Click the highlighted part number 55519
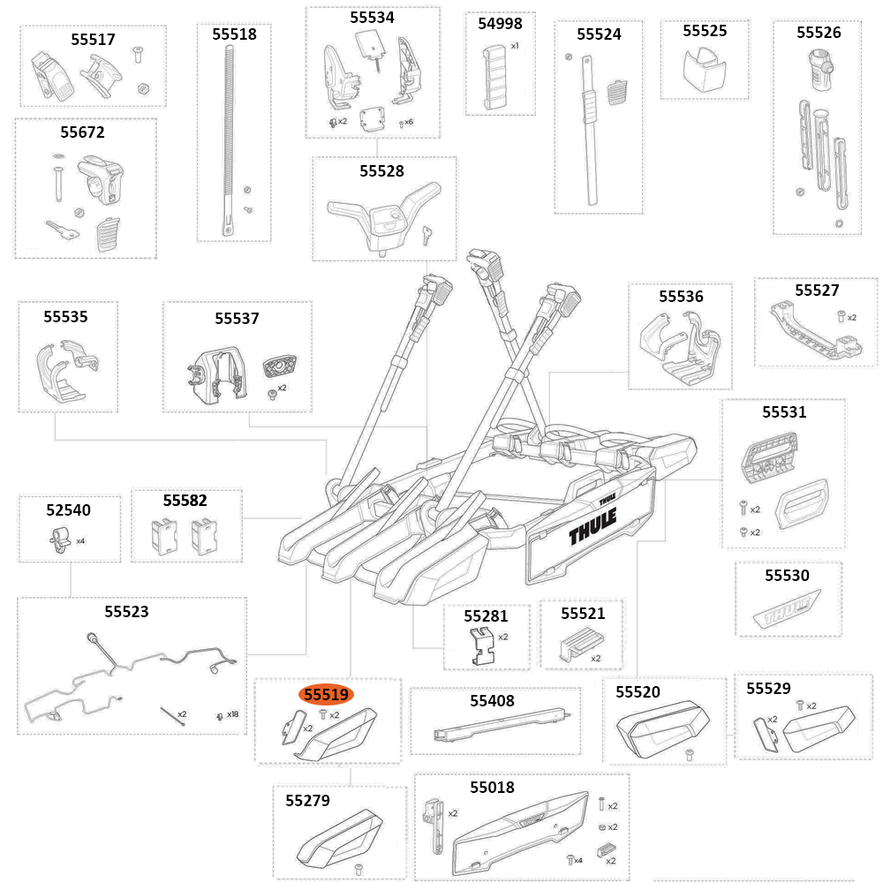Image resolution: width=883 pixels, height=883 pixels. point(326,695)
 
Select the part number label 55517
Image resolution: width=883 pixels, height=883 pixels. point(93,40)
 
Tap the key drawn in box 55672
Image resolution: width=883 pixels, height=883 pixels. point(62,231)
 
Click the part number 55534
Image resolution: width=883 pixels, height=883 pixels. point(372,17)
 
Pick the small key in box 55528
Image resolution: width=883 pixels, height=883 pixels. point(428,233)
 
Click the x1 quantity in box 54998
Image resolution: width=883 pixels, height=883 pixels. point(515,45)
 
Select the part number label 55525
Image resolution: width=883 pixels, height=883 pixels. point(705,31)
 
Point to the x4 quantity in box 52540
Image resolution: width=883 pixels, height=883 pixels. point(80,540)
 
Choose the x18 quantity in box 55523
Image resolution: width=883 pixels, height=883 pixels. point(232,714)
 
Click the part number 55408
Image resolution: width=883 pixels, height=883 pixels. point(492,701)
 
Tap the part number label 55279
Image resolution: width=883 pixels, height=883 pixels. point(307,801)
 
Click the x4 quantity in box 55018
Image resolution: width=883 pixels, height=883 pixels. point(578,859)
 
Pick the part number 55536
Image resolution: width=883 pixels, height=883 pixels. point(681,297)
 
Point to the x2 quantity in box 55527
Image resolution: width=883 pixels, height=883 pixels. point(851,317)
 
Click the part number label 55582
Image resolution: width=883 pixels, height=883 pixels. point(185,501)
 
